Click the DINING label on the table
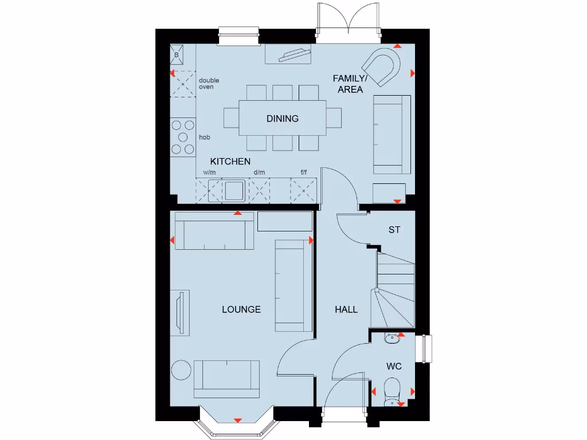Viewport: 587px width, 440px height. click(282, 119)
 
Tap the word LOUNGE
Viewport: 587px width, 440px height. click(241, 309)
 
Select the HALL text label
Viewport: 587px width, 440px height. click(346, 309)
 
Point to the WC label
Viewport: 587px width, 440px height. click(393, 366)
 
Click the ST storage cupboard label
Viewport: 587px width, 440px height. click(394, 230)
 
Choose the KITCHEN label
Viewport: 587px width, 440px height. click(230, 162)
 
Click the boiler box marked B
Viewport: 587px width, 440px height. click(177, 55)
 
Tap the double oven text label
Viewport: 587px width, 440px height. click(209, 84)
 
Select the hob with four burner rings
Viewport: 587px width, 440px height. click(183, 136)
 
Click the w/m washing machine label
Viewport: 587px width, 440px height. click(209, 172)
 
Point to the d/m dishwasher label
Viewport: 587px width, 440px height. click(259, 172)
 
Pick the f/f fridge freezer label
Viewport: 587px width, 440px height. click(304, 172)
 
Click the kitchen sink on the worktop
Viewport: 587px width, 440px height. click(234, 190)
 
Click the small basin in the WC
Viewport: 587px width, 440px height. click(392, 338)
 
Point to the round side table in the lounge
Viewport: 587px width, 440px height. click(182, 369)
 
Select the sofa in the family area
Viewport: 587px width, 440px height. click(392, 135)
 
